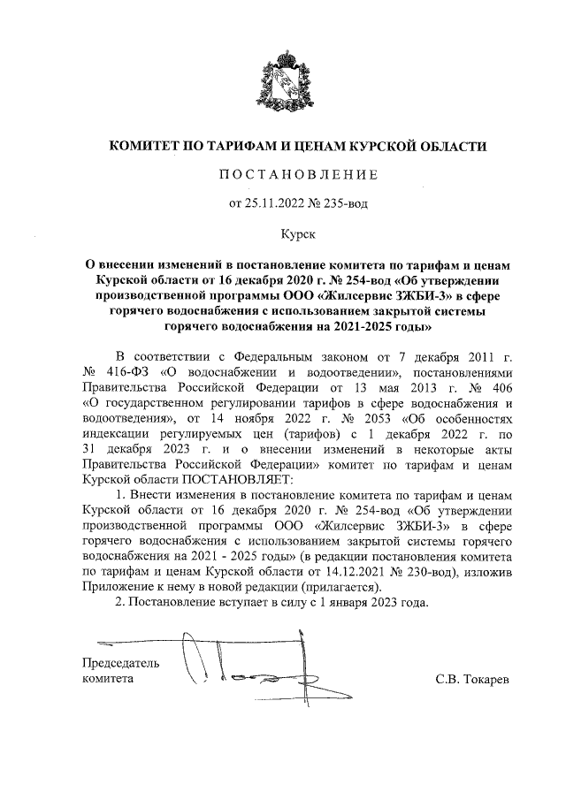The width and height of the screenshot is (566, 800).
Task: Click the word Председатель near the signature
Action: point(120,663)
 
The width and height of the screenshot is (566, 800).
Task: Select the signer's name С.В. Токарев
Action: point(473,679)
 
